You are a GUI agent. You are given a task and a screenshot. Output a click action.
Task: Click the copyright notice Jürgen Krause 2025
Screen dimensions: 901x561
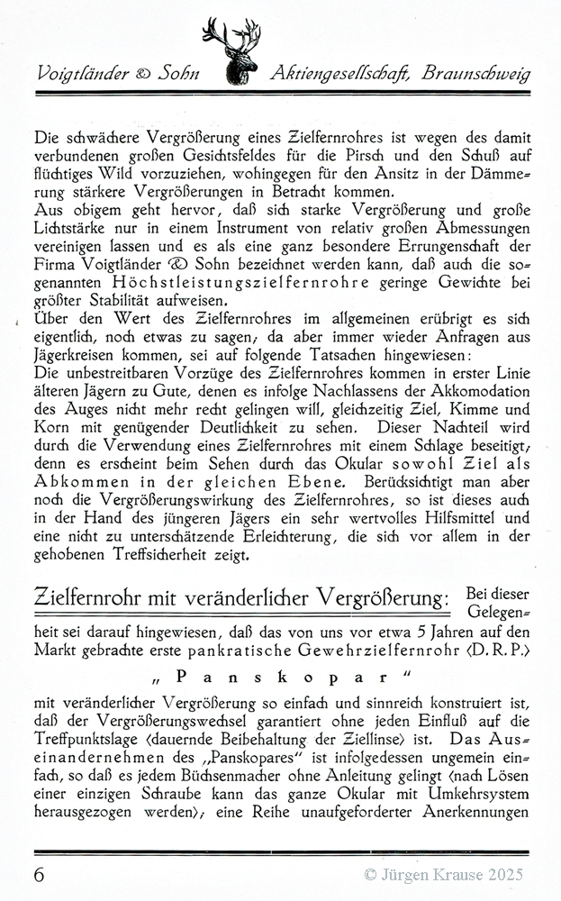(443, 874)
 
